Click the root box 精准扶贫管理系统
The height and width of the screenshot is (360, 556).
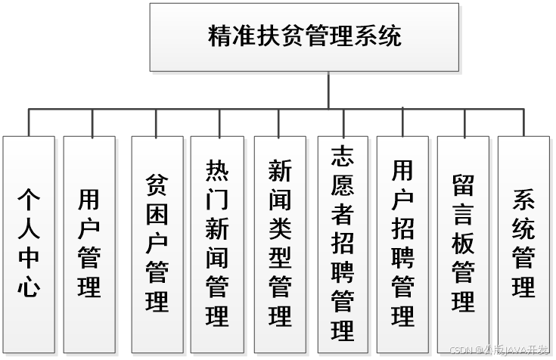pos(304,37)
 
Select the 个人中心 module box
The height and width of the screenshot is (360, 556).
pos(29,244)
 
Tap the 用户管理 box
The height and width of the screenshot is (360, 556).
pos(89,244)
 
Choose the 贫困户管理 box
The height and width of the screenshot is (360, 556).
pos(157,244)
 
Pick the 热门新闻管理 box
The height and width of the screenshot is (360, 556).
pos(217,244)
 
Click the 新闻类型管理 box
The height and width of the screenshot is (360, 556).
pos(281,244)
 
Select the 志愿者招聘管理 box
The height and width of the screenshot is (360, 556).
pos(343,244)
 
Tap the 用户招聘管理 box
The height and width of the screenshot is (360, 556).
pos(403,244)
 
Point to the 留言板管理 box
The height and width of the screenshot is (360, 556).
pos(463,244)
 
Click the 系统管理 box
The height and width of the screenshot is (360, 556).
pos(523,244)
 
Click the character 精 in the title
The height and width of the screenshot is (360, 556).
pos(219,37)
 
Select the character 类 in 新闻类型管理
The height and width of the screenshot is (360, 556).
pos(281,230)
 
